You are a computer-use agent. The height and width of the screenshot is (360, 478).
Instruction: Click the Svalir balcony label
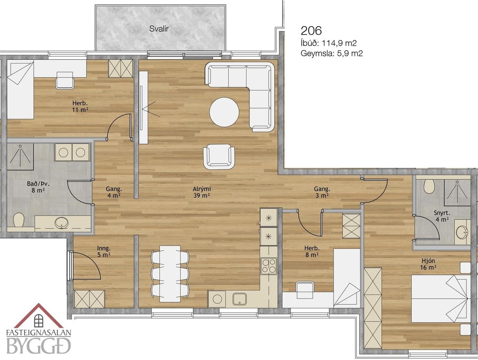159,29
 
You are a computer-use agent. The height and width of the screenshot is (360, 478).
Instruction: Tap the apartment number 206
311,30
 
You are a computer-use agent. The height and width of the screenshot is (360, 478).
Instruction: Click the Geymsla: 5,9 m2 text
332,54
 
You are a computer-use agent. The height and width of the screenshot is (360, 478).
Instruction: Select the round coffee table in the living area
224,111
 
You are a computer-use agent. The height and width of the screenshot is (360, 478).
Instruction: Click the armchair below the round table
219,156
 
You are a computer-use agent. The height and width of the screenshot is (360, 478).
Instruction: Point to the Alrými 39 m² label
202,192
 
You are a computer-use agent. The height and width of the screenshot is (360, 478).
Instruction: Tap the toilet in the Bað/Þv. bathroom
19,220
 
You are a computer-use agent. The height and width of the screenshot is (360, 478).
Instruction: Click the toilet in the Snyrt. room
429,186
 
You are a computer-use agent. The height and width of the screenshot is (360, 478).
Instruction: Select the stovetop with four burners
268,266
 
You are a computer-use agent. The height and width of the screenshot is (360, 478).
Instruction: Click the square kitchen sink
239,299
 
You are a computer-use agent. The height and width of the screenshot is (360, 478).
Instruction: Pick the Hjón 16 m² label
428,264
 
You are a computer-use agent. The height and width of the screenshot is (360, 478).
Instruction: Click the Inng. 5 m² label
104,251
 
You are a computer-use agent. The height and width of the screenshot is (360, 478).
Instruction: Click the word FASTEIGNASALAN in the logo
39,333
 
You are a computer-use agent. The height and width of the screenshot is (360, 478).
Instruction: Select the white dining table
170,274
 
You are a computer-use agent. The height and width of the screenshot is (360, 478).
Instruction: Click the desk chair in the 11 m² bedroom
65,80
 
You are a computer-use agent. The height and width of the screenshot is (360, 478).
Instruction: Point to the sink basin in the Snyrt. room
462,233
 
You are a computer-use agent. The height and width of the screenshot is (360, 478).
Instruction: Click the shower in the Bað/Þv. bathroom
20,157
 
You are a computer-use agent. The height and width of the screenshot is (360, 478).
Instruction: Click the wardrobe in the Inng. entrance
89,299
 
